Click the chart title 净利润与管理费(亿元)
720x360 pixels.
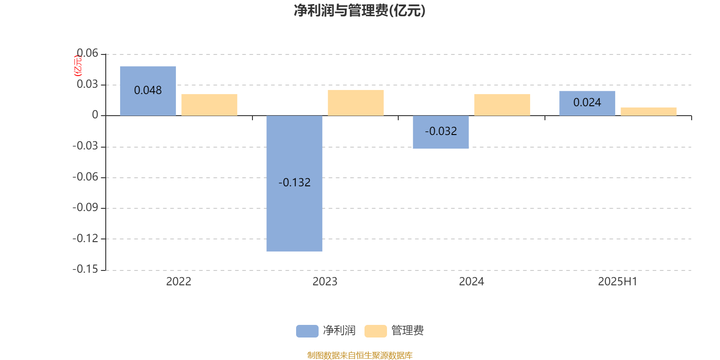pos(360,11)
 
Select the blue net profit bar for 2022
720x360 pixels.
pos(148,91)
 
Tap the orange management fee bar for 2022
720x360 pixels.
pos(209,105)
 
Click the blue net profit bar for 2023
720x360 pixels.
pos(294,184)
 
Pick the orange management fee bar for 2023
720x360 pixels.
pos(356,103)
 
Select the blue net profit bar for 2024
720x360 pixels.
pos(441,132)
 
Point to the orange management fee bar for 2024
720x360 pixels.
pos(502,105)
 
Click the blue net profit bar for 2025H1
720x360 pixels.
pos(587,103)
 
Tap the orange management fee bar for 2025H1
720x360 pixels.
pos(648,112)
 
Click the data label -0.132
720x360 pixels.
pos(294,183)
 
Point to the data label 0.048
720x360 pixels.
pos(148,90)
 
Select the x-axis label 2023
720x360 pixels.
pos(325,282)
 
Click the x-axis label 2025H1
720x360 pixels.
pos(618,282)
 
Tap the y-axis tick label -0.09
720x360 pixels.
pos(85,207)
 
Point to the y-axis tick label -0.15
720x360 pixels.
pos(85,269)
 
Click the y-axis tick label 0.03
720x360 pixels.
pos(87,84)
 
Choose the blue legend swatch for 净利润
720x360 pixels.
pos(307,331)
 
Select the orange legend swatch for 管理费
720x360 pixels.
pos(375,331)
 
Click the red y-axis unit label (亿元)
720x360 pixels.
pos(78,66)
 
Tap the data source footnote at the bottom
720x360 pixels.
pos(360,355)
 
